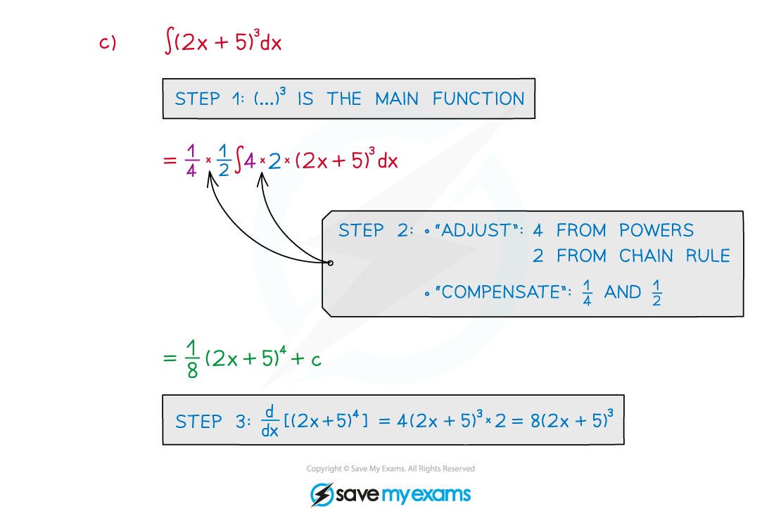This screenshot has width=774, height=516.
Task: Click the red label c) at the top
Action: coord(107,44)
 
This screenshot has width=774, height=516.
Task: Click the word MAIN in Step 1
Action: coord(397,99)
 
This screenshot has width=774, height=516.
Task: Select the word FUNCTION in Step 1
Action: coord(478,99)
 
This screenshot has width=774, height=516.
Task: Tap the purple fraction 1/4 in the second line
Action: coord(191,162)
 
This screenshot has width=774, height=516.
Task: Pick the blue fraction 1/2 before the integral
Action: coord(223,162)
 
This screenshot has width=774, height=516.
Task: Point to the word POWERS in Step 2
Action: coord(656,230)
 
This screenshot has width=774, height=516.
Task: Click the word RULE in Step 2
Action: coord(706,256)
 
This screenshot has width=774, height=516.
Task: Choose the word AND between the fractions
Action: coord(623,292)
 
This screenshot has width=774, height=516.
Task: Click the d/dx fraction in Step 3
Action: coord(269,421)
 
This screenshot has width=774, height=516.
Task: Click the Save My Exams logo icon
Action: coord(321,494)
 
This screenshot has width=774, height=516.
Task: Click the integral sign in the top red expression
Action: coord(168,42)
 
